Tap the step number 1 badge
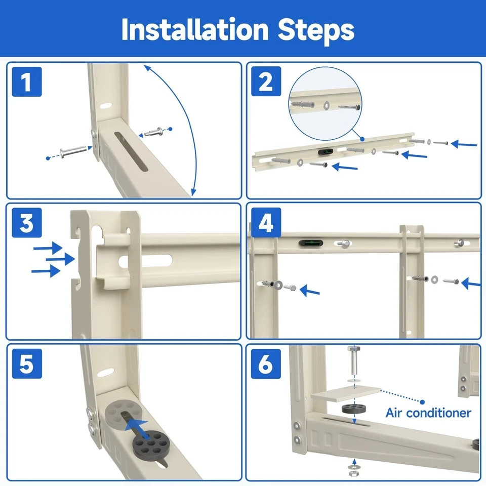point(26,83)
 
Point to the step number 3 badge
point(26,223)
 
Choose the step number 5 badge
point(26,364)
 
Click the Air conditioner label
point(428,413)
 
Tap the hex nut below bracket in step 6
point(353,471)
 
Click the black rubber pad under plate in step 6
point(353,409)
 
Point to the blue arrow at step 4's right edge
point(472,281)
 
